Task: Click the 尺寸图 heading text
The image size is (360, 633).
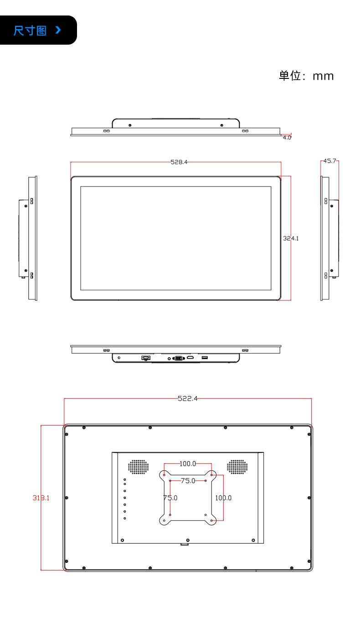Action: coord(30,31)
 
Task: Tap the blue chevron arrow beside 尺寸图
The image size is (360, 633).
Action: coord(57,30)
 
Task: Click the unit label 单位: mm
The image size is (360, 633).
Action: coord(306,76)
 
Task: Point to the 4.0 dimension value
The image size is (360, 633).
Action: coord(287,137)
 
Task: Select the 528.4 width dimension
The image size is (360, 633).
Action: coord(179,162)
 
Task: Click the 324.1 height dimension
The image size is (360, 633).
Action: coord(291,238)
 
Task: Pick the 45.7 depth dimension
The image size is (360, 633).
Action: coord(329,161)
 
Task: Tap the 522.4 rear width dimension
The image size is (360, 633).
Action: coord(187,398)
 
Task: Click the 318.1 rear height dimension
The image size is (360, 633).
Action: coord(41,498)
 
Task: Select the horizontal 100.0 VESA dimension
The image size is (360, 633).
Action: coord(187,464)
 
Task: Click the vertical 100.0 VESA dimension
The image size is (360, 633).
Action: coord(223,498)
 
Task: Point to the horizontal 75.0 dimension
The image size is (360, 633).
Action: coord(187,480)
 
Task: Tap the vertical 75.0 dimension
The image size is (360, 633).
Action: coord(170,498)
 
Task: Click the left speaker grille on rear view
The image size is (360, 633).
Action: coord(138,466)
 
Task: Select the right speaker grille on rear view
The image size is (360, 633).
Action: coord(237,466)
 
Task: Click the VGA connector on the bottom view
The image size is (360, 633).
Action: coord(178,358)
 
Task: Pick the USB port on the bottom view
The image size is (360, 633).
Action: coord(205,358)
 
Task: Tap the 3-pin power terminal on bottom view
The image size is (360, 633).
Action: coord(146,358)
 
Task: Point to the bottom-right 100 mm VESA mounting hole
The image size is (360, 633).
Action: coord(211,520)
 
